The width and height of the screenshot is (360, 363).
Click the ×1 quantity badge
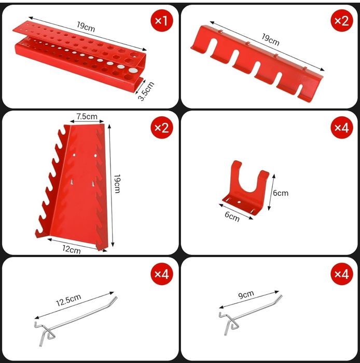click(x=162, y=21)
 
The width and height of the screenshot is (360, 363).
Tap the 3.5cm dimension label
click(x=146, y=91)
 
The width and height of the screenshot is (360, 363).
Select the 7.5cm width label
click(x=87, y=116)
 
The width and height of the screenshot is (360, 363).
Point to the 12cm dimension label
click(x=72, y=249)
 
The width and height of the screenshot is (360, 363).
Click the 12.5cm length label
click(x=68, y=300)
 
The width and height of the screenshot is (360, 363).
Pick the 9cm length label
click(x=246, y=294)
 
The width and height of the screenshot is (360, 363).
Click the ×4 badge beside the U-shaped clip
click(x=342, y=127)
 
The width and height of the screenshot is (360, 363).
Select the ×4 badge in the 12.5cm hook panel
click(x=162, y=274)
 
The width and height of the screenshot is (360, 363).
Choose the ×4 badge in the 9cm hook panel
click(x=342, y=274)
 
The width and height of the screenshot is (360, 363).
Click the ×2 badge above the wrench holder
click(x=162, y=127)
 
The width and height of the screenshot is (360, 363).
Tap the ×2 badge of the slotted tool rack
click(x=342, y=21)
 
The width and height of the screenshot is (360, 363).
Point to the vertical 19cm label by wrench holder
click(x=117, y=184)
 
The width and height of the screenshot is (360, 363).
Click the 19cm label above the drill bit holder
click(x=86, y=27)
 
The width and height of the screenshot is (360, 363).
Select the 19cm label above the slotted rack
click(x=270, y=39)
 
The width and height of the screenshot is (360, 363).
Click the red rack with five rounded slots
click(x=257, y=62)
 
